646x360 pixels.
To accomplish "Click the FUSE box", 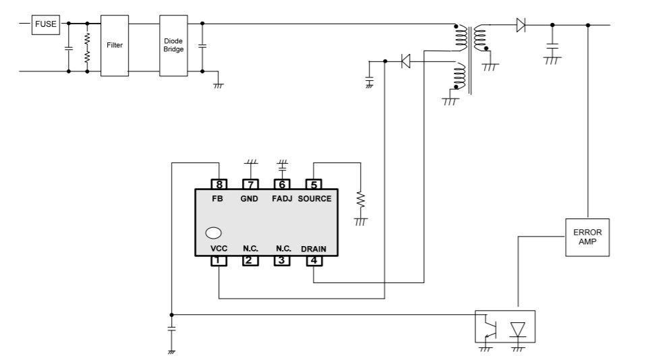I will (x=47, y=24).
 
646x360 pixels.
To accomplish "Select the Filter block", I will (x=114, y=45).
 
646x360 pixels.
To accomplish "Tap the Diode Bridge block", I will (x=173, y=45).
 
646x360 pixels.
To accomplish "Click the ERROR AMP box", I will (x=587, y=237).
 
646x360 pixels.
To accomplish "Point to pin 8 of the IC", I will (x=218, y=184).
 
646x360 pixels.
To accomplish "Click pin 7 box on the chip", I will (x=250, y=184).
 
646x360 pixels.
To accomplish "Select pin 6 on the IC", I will (x=282, y=184).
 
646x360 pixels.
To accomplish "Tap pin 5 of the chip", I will (x=314, y=184).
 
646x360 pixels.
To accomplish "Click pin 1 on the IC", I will (x=218, y=260).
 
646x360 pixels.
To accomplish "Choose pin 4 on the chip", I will (x=314, y=260).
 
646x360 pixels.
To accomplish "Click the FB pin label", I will (x=218, y=199).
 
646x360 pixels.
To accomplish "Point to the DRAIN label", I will (x=314, y=249).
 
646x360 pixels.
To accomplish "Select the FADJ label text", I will (x=282, y=199).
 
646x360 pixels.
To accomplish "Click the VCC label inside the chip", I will (x=218, y=249).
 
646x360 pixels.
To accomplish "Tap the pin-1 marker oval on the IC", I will (x=214, y=233).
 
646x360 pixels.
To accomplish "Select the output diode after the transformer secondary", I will (x=521, y=26).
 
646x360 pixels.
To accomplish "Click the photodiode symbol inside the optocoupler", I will (x=518, y=329).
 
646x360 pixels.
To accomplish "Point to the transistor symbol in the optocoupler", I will (x=490, y=329).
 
